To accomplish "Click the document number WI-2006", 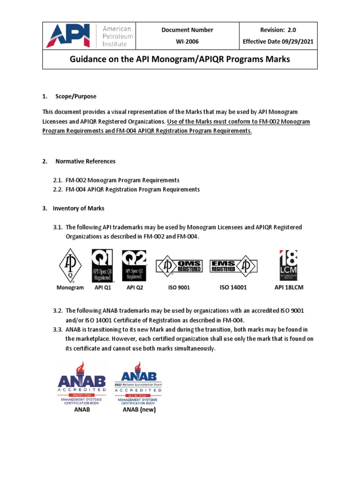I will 187,41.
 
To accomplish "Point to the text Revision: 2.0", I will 278,30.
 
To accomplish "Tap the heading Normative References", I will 85,161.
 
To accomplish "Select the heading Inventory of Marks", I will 78,208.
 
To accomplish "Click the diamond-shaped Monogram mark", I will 70,266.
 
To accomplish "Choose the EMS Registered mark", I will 232,266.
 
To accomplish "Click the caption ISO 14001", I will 233,287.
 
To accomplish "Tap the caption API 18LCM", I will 289,287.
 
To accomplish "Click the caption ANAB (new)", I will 139,409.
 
